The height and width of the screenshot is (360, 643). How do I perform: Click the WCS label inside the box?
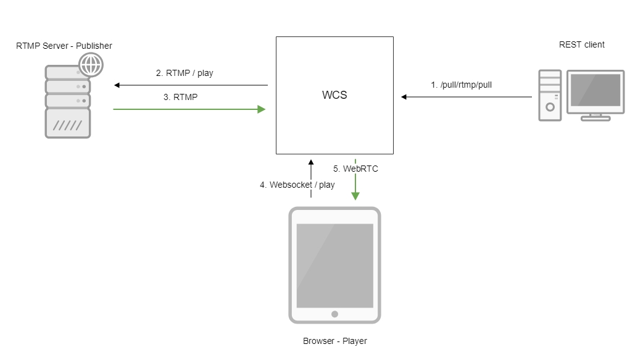(x=334, y=96)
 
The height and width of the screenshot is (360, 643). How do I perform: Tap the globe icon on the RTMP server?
(x=91, y=64)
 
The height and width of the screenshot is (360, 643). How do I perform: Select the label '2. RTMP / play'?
(x=185, y=73)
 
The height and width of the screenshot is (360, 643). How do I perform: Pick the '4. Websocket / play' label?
(x=297, y=185)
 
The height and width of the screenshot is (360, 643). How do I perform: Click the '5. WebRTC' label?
(x=355, y=168)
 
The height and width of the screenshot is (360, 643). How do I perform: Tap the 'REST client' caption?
(x=581, y=44)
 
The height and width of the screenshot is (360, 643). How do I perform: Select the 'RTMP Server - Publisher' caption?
(x=64, y=46)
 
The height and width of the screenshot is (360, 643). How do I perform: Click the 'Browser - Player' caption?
(x=334, y=341)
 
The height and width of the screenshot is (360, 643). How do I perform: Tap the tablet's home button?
(x=334, y=314)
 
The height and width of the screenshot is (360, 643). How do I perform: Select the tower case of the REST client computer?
(x=550, y=94)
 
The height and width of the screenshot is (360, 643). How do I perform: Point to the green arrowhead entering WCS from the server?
(x=262, y=109)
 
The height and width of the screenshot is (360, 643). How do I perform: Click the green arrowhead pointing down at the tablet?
(x=355, y=196)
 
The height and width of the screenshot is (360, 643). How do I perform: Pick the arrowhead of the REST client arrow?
(x=404, y=97)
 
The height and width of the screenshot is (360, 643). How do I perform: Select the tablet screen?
(x=334, y=266)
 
